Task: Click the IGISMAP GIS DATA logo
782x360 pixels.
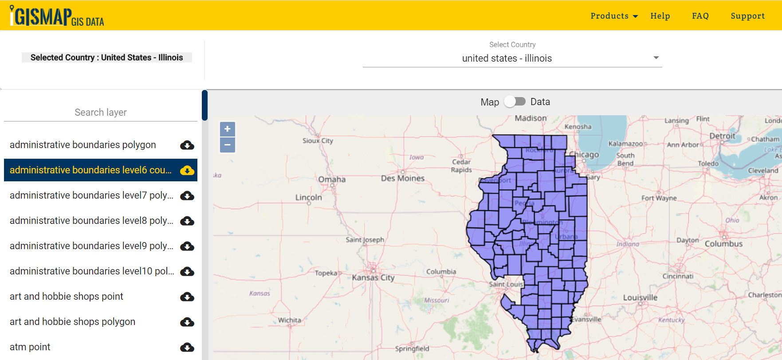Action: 57,16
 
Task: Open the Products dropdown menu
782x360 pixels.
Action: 614,16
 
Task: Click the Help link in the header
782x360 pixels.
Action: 660,16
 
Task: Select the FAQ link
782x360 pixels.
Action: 700,16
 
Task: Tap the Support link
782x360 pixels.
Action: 748,16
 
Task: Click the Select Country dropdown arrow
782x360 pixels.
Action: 656,58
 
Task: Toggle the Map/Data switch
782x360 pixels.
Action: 515,102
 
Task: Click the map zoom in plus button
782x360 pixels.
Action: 228,129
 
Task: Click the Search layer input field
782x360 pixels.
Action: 101,113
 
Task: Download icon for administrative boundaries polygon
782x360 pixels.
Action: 187,145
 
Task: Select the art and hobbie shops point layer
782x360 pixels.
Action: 67,297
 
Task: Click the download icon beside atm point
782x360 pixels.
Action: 187,347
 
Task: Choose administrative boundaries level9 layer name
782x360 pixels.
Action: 91,246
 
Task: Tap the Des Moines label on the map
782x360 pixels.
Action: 403,178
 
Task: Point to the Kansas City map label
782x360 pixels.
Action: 373,278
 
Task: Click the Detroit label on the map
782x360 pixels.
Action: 722,136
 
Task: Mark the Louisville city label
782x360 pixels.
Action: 640,297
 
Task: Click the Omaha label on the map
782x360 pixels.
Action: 332,180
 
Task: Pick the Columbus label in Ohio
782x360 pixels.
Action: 723,244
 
